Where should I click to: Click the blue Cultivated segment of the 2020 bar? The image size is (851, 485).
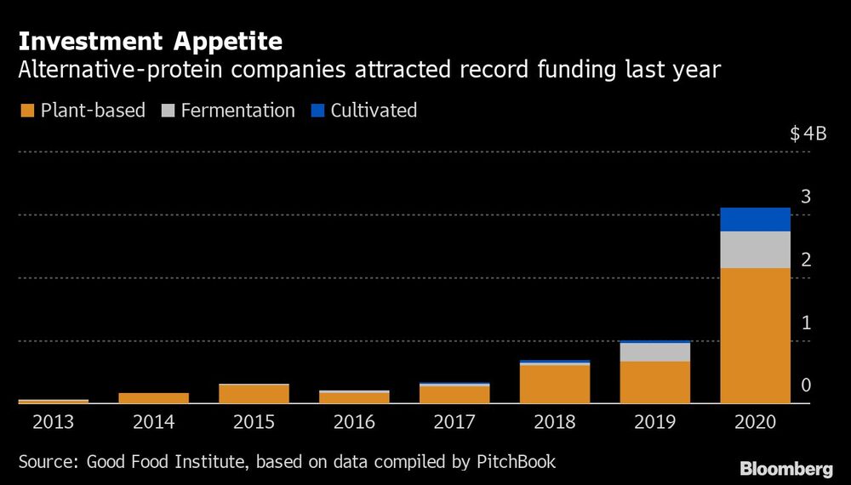(x=755, y=220)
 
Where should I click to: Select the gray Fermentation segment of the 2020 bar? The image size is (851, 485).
(x=755, y=250)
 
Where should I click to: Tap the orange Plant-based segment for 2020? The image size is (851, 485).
(x=755, y=335)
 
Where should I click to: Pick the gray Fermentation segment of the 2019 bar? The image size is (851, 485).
(x=654, y=352)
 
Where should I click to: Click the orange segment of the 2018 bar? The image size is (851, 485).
(x=554, y=384)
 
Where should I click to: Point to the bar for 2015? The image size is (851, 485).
(x=254, y=394)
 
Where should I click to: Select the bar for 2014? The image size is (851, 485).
(x=153, y=398)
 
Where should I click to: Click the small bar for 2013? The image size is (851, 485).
(x=53, y=401)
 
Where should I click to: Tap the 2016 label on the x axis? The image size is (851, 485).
(x=354, y=422)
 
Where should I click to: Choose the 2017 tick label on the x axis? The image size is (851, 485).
(x=454, y=422)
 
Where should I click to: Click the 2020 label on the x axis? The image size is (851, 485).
(x=755, y=422)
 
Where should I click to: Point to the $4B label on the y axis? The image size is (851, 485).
(x=808, y=134)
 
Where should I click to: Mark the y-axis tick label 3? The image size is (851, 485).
(x=806, y=197)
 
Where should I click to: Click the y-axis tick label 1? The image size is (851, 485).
(x=806, y=323)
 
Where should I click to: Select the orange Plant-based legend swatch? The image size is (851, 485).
(x=26, y=111)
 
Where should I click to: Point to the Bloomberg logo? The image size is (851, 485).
(x=786, y=469)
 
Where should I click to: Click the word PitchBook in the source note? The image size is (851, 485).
(x=516, y=462)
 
